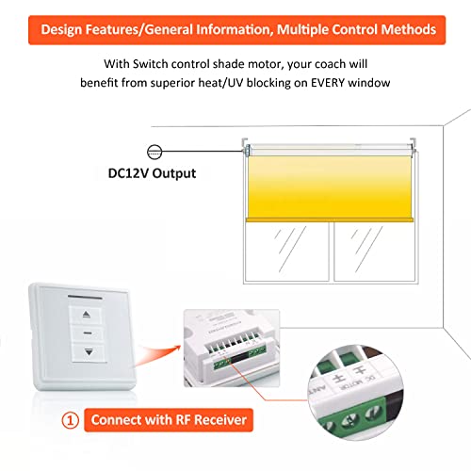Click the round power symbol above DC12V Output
[x=155, y=149]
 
